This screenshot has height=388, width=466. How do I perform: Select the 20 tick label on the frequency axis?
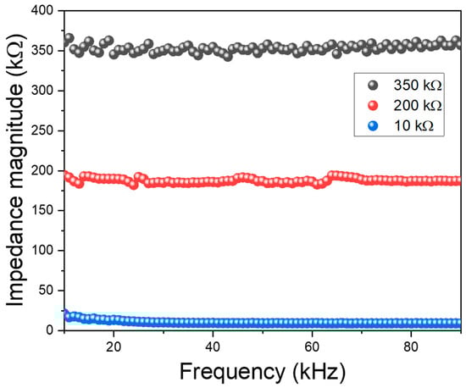(114, 346)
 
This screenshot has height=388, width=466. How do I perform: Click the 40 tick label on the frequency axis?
(213, 346)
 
